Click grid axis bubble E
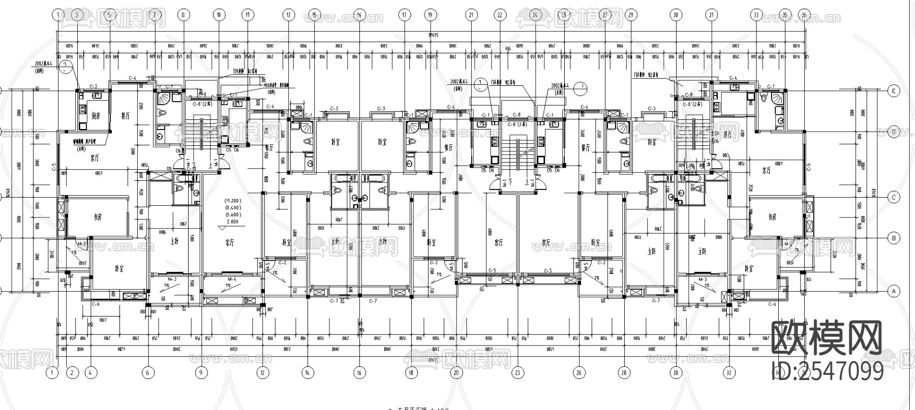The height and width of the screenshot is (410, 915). click(893, 91)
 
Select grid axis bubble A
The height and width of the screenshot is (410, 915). click(893, 291)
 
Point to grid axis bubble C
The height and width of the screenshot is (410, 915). click(893, 197)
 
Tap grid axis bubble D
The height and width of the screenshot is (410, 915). click(893, 132)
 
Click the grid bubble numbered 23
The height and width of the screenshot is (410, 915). click(517, 373)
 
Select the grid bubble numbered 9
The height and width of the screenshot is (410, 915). click(201, 373)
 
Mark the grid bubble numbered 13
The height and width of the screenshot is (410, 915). click(288, 15)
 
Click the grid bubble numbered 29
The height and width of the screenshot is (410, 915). click(631, 15)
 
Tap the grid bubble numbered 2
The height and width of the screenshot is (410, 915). click(72, 373)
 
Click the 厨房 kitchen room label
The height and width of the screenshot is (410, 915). click(96, 116)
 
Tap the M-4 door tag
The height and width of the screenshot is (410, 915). click(232, 279)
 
